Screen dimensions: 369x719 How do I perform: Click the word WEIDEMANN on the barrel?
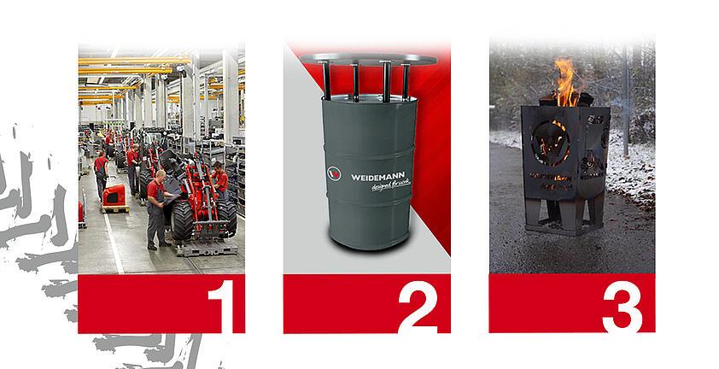tap(380, 177)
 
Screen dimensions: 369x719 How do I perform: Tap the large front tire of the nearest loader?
tap(183, 220)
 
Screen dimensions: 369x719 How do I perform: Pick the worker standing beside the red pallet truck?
tap(102, 174)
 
